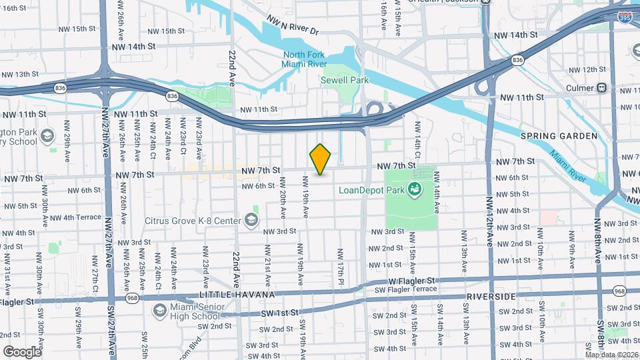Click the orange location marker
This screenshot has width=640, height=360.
pos(321,159)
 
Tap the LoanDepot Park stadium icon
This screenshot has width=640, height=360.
pos(415,190)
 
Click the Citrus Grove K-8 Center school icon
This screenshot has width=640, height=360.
pos(251,220)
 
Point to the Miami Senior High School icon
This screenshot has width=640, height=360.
pos(159,310)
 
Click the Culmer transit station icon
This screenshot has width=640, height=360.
pos(601,87)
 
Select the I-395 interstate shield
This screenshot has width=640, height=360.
pos(625,18)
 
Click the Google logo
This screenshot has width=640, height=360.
pos(22,351)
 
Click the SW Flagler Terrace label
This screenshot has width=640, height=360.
pos(403,289)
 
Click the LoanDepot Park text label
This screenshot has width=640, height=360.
pos(372,190)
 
